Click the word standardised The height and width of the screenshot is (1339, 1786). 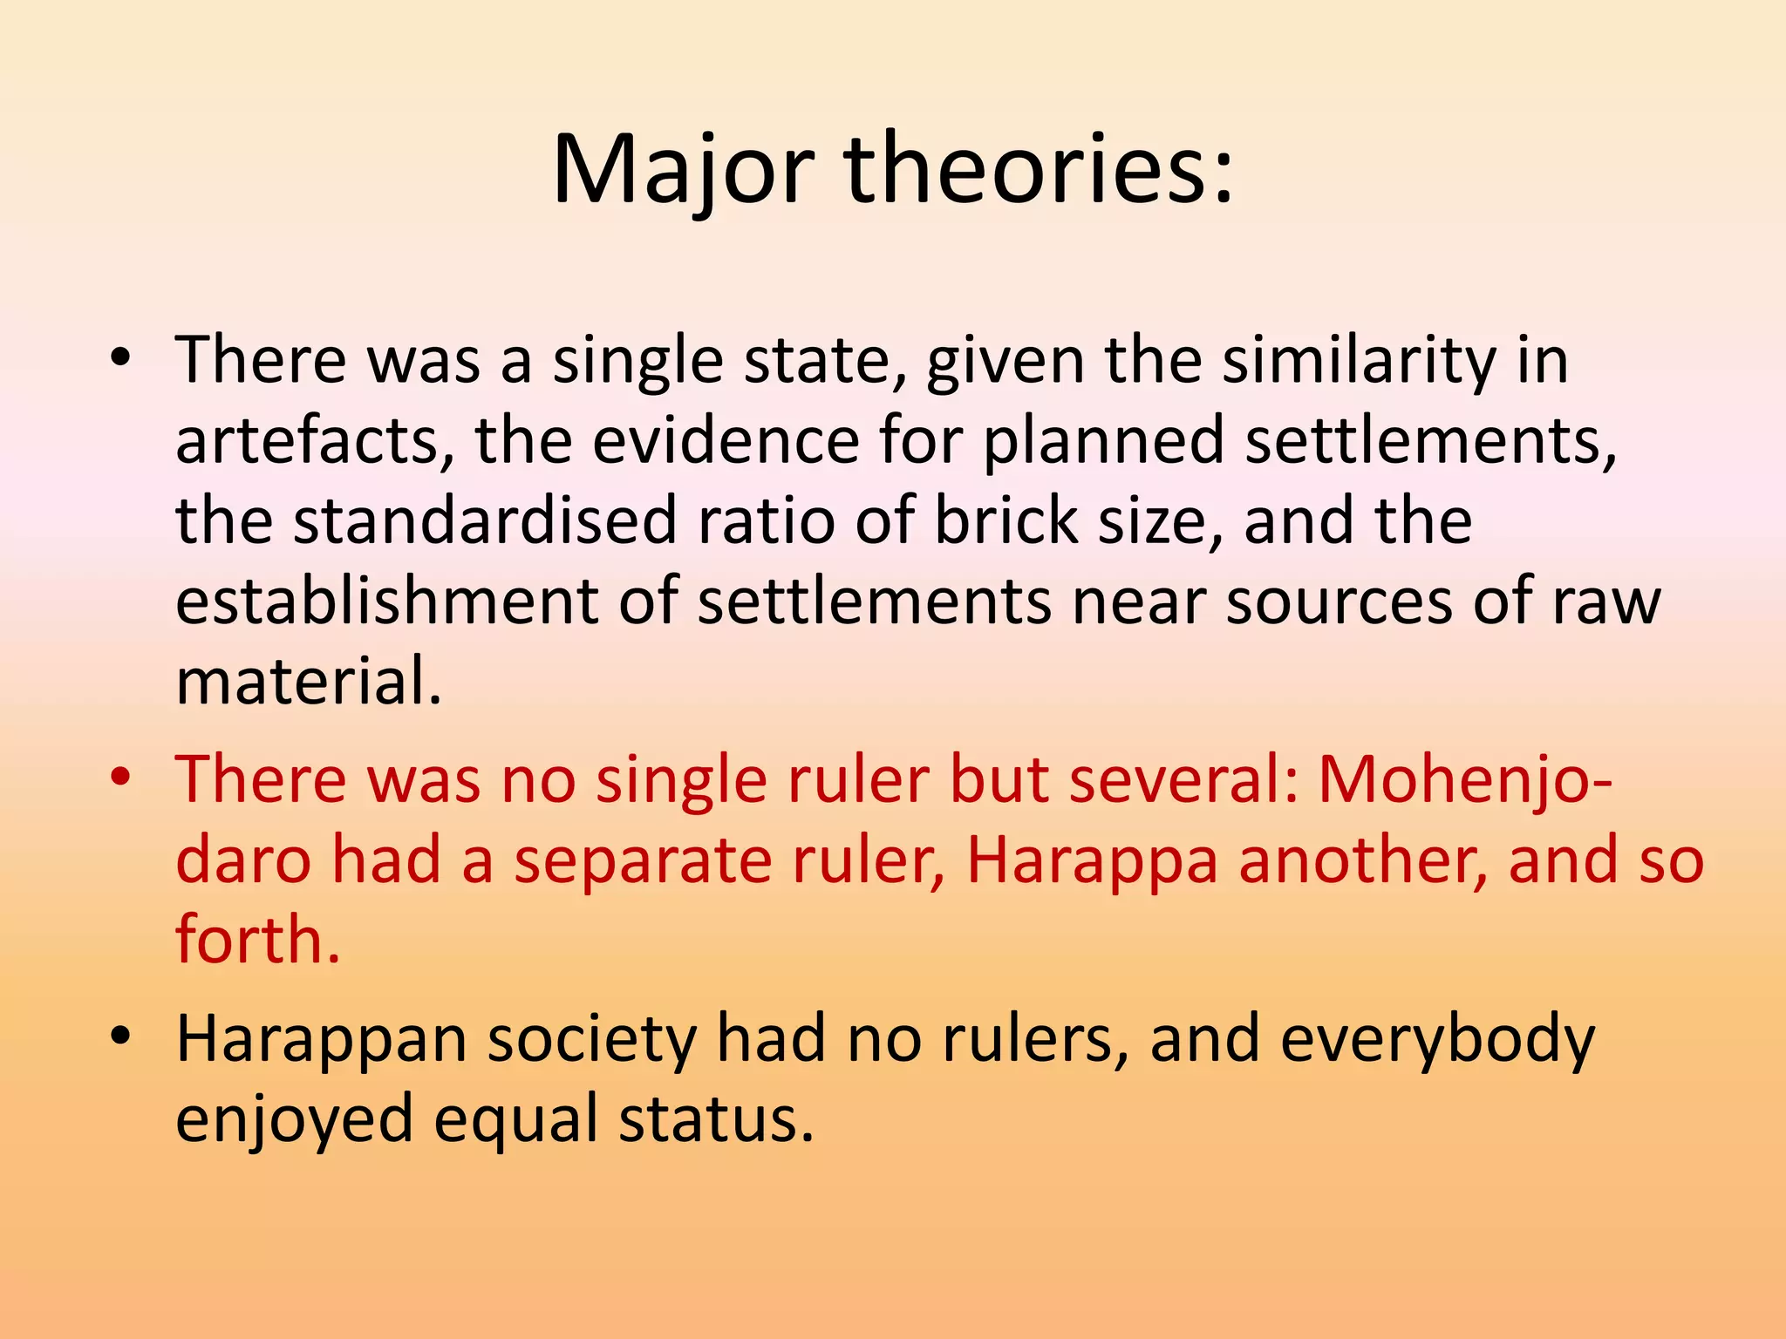[x=485, y=520]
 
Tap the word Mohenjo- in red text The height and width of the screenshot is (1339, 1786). [x=1464, y=778]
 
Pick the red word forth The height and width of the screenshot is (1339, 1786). [x=257, y=940]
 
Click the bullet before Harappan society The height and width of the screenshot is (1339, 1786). [x=120, y=1037]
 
